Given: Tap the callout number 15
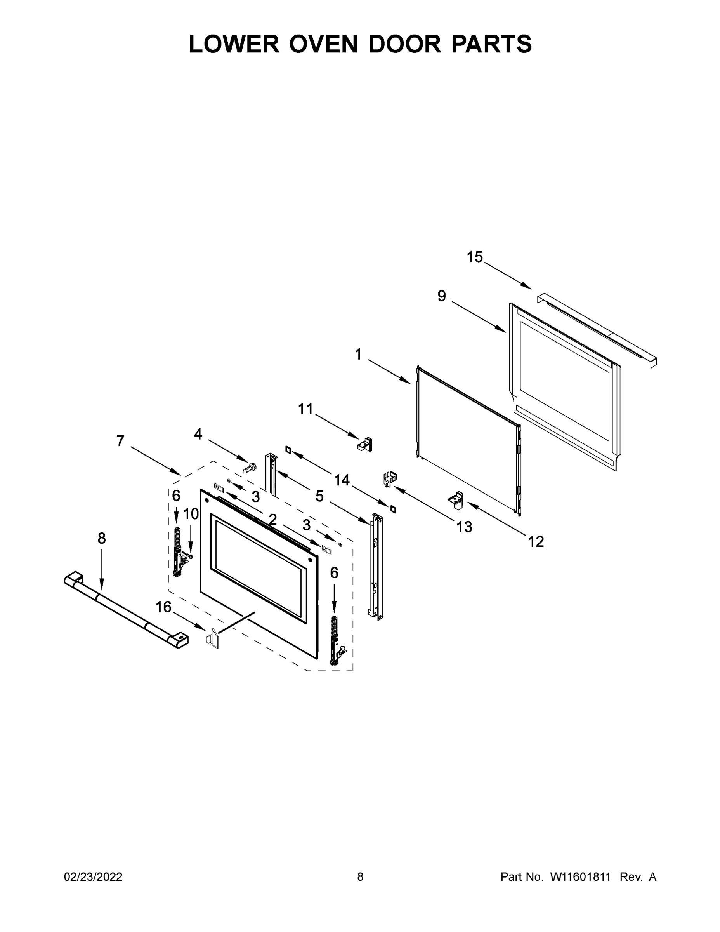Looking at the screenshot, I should click(x=474, y=257).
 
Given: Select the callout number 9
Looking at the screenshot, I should click(x=441, y=296).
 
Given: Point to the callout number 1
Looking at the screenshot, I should click(x=358, y=354).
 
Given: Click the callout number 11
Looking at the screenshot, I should click(x=305, y=409).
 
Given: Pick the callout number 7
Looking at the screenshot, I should click(x=120, y=441).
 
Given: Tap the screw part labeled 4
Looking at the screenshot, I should click(x=249, y=468).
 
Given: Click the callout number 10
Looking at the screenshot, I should click(x=191, y=514).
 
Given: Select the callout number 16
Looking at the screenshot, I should click(x=163, y=607).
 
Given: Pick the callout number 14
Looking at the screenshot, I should click(x=342, y=480).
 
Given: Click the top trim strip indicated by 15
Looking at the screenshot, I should click(x=597, y=329).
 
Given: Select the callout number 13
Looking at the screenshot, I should click(x=464, y=527).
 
